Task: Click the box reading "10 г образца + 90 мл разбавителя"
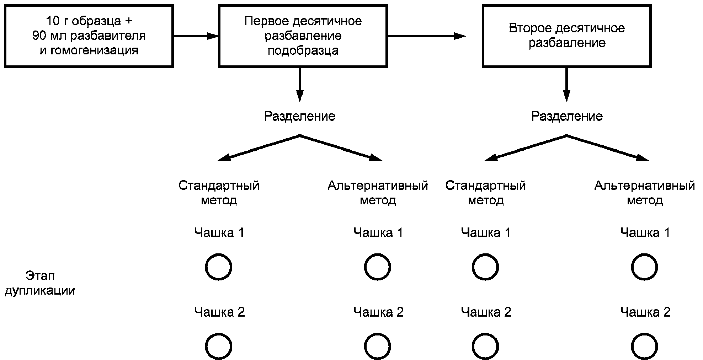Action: coord(89,36)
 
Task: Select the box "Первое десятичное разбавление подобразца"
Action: coord(303,36)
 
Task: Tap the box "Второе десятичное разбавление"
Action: coord(566,36)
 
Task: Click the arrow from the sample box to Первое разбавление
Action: coord(196,36)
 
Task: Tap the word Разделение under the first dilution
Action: coord(299,116)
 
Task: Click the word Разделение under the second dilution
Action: coord(567,116)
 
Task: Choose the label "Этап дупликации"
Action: coord(40,283)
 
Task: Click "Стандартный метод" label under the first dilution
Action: coord(219,193)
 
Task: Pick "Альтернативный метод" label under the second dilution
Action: coord(644,193)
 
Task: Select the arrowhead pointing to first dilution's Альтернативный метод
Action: coord(376,157)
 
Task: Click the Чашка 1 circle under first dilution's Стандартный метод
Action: coord(219,267)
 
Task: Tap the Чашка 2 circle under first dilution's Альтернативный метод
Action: coord(378,346)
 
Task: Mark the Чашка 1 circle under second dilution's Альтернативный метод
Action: coord(644,267)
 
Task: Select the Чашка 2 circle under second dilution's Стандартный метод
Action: coord(485,346)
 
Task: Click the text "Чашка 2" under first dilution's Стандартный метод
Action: coord(219,312)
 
